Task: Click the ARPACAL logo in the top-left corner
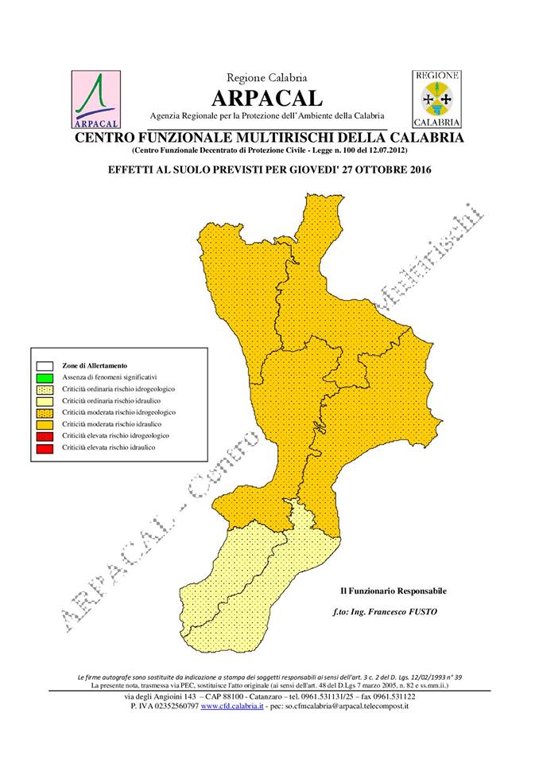95,99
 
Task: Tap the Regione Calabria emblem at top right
436,99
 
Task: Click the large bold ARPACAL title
267,98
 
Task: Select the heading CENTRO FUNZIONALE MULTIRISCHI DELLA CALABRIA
269,138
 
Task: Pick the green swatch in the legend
44,376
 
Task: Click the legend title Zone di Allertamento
94,364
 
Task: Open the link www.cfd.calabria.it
232,706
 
